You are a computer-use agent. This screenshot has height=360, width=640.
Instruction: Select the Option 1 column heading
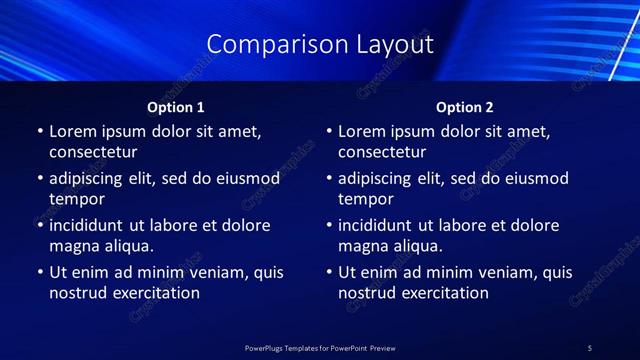(x=176, y=107)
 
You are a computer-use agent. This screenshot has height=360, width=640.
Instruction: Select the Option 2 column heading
(x=465, y=107)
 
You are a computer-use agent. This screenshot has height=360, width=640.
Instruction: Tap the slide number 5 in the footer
(x=590, y=347)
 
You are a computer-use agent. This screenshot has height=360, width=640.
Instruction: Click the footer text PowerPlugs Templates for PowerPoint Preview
(x=320, y=347)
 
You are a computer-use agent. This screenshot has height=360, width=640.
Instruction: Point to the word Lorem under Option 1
(x=73, y=131)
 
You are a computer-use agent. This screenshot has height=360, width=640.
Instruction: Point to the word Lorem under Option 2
(x=362, y=131)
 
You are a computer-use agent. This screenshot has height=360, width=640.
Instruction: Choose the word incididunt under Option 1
(x=90, y=226)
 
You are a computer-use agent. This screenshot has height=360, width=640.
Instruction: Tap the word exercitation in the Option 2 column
(x=444, y=293)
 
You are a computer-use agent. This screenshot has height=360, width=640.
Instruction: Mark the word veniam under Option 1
(x=222, y=272)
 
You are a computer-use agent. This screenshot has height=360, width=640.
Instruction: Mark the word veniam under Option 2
(x=511, y=272)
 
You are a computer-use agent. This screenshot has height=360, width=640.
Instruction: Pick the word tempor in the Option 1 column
(x=77, y=199)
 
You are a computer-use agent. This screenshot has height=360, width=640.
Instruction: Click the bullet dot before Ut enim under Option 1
(x=40, y=272)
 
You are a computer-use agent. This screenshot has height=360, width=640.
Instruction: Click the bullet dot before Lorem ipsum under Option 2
(x=329, y=131)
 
